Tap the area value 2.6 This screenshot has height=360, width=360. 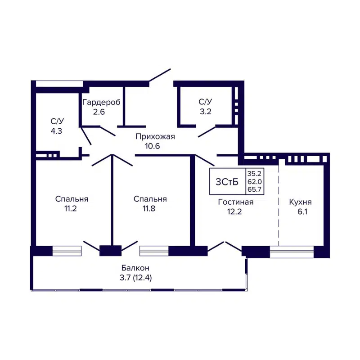coord(99,112)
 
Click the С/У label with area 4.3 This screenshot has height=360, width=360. coord(57,121)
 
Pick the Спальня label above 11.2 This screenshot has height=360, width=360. coord(72,199)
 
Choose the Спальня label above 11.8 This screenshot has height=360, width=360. coord(151,199)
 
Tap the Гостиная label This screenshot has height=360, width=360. coord(236,202)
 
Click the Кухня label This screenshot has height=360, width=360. coord(300,202)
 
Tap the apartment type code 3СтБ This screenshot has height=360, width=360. coord(227,182)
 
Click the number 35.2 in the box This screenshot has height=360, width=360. coord(255,173)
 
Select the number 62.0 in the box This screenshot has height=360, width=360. coord(255,181)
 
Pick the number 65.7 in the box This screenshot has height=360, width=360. coord(255,190)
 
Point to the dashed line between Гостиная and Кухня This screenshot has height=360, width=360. coord(279,202)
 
